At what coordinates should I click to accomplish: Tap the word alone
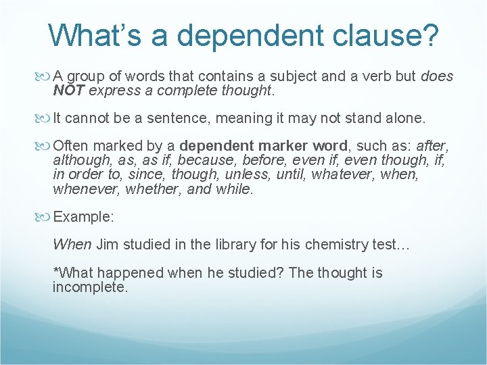pos(404,118)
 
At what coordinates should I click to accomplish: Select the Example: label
pos(83,217)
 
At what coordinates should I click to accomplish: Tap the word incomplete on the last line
pos(89,287)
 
